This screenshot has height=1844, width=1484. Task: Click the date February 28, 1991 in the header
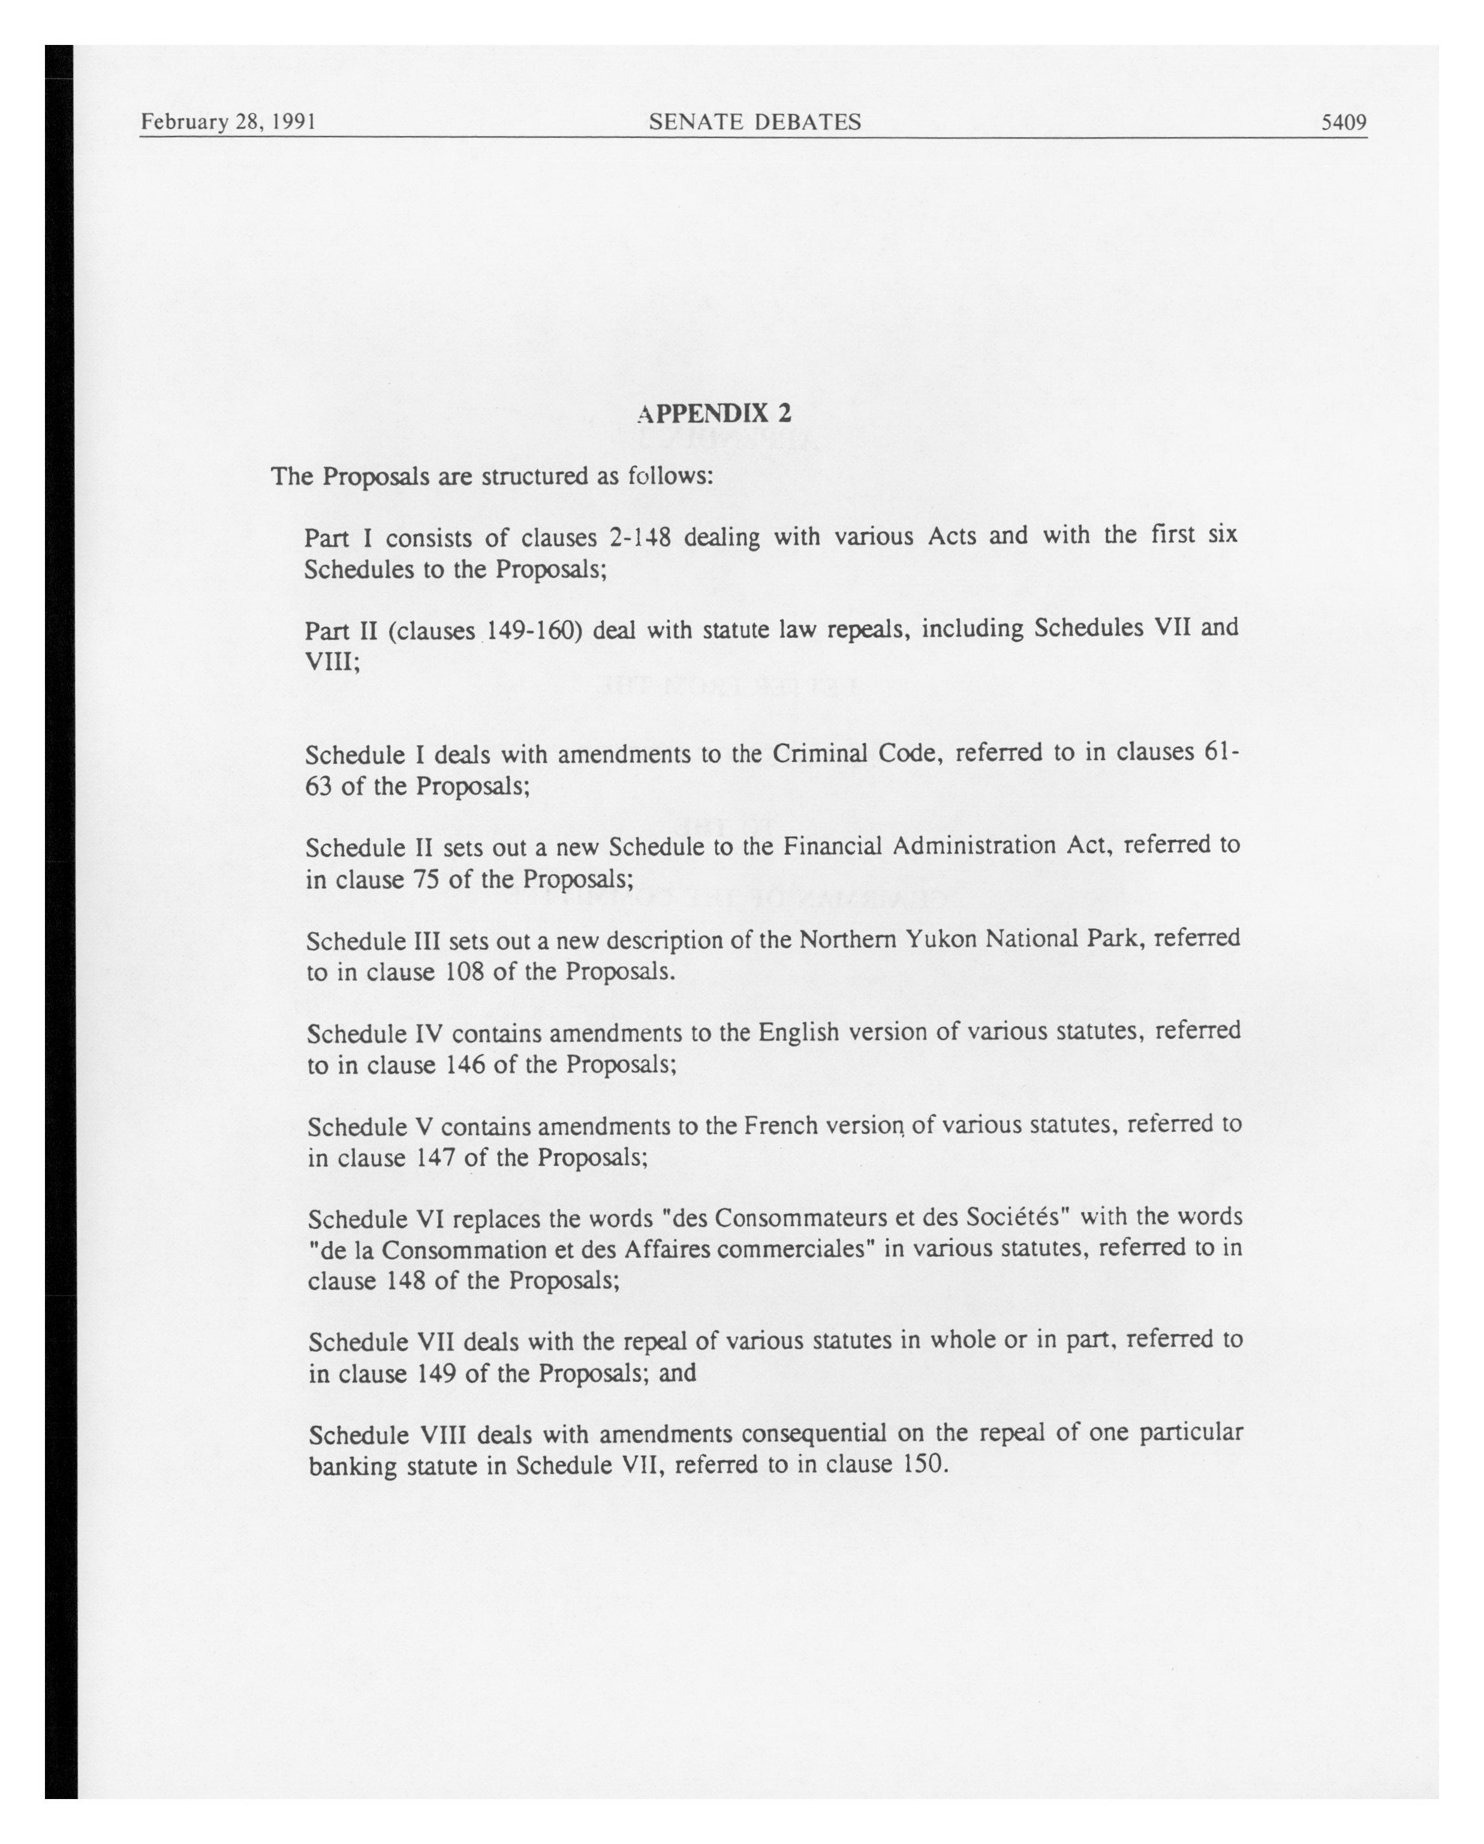(x=228, y=122)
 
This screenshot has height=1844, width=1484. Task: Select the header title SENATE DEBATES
(x=754, y=122)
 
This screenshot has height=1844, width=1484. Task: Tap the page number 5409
(x=1344, y=122)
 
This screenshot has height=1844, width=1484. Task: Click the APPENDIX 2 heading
(x=714, y=414)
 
